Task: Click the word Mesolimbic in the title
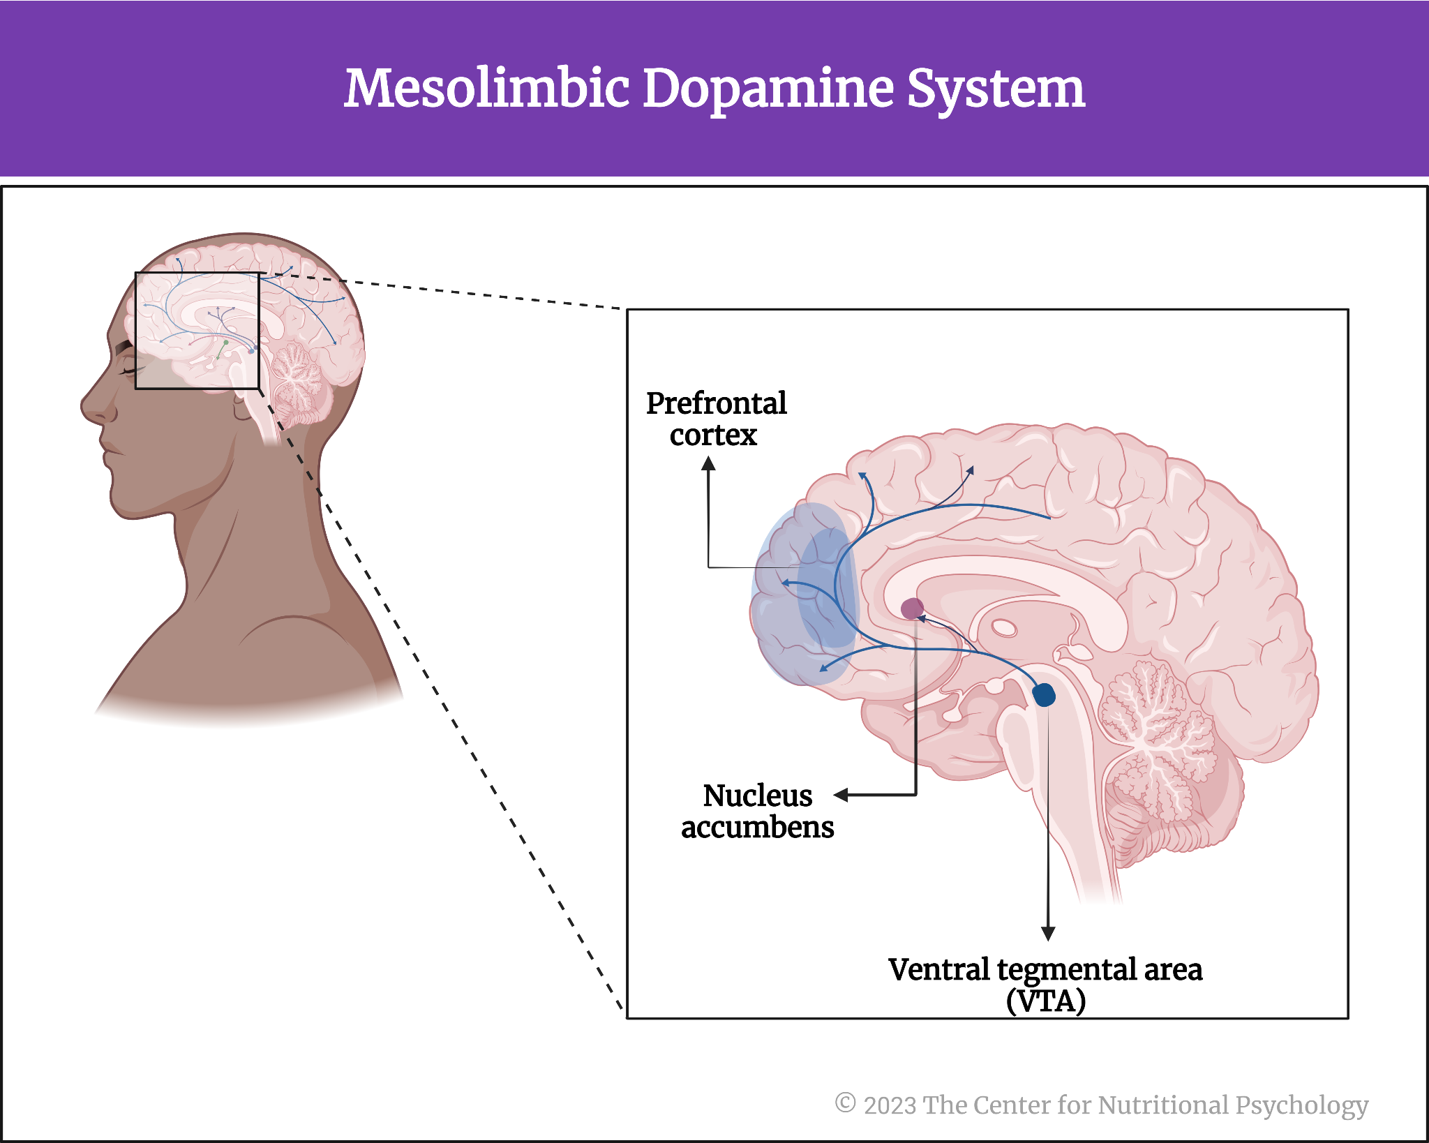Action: pyautogui.click(x=486, y=89)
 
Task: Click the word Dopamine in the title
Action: pyautogui.click(x=768, y=89)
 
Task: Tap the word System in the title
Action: pyautogui.click(x=996, y=89)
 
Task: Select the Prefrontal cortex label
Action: pyautogui.click(x=716, y=419)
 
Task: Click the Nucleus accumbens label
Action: pyautogui.click(x=758, y=811)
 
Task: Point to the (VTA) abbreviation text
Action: pyautogui.click(x=1045, y=1001)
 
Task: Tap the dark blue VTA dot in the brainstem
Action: pyautogui.click(x=1044, y=694)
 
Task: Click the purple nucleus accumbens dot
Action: pyautogui.click(x=912, y=608)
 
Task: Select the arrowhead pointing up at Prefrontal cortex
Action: pyautogui.click(x=708, y=463)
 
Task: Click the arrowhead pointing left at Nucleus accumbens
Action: pyautogui.click(x=841, y=795)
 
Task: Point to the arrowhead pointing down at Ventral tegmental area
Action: pyautogui.click(x=1047, y=934)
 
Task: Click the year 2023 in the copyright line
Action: pyautogui.click(x=890, y=1105)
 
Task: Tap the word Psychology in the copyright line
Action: pyautogui.click(x=1301, y=1105)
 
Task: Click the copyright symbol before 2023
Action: pyautogui.click(x=845, y=1103)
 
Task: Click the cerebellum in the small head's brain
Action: pyautogui.click(x=299, y=377)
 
